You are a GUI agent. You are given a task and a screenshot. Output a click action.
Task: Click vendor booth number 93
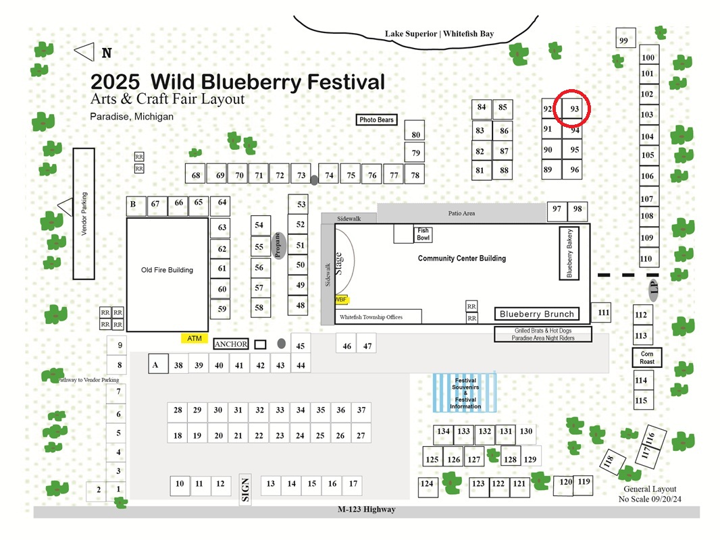(x=573, y=109)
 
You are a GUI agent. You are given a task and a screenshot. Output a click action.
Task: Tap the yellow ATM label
(x=195, y=339)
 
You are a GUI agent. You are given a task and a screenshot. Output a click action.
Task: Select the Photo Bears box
(x=376, y=119)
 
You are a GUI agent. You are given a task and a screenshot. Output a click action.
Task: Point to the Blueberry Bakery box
(x=569, y=253)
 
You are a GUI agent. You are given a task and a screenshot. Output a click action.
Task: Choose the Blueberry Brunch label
(x=537, y=314)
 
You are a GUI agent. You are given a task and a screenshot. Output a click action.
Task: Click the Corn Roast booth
(x=647, y=357)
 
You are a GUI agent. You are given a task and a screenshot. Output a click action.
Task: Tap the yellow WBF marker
(x=341, y=300)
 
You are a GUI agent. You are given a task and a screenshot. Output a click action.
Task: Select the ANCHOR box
(x=231, y=344)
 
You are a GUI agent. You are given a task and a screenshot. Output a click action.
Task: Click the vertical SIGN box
(x=245, y=489)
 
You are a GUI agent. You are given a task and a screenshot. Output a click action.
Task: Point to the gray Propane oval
(x=278, y=246)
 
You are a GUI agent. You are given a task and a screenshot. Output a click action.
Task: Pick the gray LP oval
(x=654, y=289)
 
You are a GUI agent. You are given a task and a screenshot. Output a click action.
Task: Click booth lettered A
(x=158, y=364)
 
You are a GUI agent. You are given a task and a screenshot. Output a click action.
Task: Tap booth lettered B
(x=136, y=207)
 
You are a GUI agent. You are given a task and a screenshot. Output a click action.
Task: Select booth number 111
(x=601, y=313)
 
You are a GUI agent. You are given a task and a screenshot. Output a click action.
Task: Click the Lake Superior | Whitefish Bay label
(x=440, y=34)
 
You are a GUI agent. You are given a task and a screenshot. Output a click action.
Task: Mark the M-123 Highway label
(x=367, y=509)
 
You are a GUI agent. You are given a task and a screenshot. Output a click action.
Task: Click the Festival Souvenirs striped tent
(x=465, y=393)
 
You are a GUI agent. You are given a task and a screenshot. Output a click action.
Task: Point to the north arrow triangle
(x=84, y=52)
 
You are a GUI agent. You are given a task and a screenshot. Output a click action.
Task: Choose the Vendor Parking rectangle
(x=84, y=214)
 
